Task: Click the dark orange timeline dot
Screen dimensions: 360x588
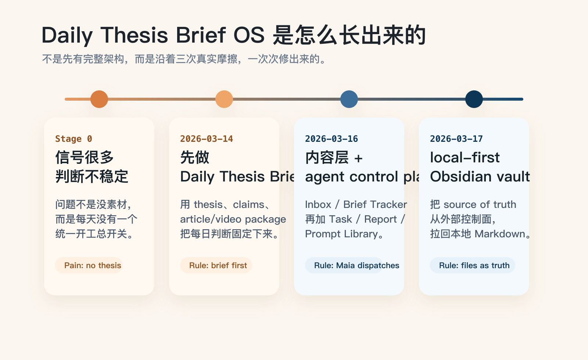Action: (99, 99)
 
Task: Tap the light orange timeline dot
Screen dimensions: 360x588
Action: (224, 99)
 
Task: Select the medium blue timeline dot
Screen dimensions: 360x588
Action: (349, 99)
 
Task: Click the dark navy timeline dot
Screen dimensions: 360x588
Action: (474, 99)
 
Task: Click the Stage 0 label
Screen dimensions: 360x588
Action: (73, 139)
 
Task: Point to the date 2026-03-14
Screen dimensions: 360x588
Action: (207, 139)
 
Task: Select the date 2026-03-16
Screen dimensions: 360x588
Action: (331, 139)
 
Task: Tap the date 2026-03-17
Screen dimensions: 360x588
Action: (456, 139)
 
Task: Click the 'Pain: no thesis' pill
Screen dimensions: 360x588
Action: (89, 265)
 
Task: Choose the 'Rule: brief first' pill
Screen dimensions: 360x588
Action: (216, 265)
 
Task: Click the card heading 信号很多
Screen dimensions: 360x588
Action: (85, 158)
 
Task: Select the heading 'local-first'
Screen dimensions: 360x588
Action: (465, 158)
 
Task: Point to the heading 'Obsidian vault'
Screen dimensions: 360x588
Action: (480, 177)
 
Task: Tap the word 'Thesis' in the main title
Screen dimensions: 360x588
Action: (134, 35)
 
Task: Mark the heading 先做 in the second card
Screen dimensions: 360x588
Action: (195, 158)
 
